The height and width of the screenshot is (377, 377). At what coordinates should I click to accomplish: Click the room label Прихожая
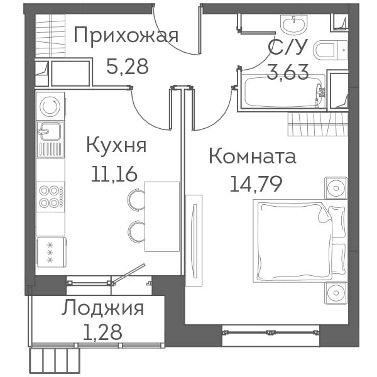pos(126,36)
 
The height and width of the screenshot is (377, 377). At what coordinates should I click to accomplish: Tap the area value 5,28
pos(127,67)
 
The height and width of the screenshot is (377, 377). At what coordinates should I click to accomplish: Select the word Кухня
pos(116,145)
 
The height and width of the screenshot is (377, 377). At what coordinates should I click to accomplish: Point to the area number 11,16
pos(114,174)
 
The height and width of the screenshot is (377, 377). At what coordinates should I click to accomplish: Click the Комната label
pos(253,156)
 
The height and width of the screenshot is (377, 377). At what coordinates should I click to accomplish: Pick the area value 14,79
pos(256,184)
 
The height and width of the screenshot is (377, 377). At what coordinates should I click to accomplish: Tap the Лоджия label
pos(102,309)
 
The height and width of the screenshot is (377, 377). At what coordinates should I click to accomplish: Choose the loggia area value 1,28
pos(102,332)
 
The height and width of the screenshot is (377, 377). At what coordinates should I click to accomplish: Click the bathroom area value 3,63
pos(288,72)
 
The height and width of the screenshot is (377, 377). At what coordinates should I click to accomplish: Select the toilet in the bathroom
pos(331,50)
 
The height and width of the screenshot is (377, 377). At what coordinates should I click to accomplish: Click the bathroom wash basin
pos(293,24)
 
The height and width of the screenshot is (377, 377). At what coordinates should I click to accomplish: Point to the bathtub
pos(284,91)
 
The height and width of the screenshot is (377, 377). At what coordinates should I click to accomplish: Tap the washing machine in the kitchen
pos(50,106)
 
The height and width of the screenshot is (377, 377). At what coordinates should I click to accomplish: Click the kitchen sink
pos(50,139)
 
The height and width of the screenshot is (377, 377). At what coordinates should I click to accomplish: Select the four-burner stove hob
pos(50,197)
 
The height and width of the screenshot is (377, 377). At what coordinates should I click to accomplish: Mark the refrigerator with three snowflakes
pos(52,252)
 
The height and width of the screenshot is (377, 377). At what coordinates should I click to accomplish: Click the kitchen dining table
pos(162,217)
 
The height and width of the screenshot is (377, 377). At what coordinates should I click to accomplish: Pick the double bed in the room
pos(300,241)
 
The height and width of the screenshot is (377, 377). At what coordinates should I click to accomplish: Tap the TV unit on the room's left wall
pos(194,241)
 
